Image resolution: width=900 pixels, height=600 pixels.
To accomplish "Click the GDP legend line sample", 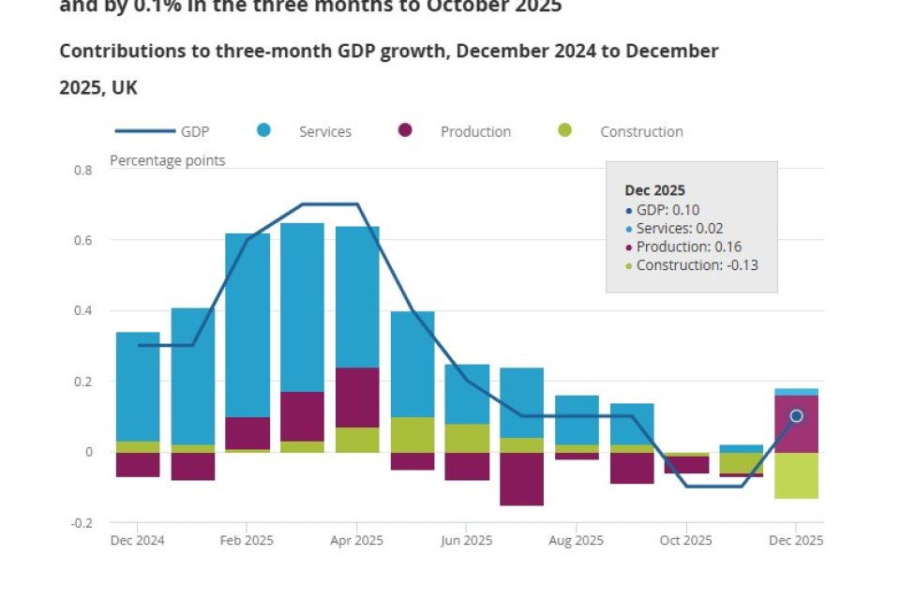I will coord(145,132).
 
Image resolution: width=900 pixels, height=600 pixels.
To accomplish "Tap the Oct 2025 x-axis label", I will coord(686,541).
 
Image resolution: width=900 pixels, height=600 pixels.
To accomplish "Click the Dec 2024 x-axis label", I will coord(138,541).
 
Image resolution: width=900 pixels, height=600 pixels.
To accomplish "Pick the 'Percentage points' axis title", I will coord(168,160).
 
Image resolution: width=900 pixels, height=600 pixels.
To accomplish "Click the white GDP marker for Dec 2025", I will coord(796,416).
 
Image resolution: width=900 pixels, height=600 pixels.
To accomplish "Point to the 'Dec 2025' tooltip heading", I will coord(655,190).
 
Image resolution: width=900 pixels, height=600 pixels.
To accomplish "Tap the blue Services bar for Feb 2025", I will coord(247,323).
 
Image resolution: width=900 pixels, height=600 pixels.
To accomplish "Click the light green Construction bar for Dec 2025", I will coord(796,475).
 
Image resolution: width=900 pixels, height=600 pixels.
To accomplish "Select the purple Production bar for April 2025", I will coord(357,397).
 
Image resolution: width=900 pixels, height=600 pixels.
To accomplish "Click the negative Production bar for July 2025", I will coord(521,479).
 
